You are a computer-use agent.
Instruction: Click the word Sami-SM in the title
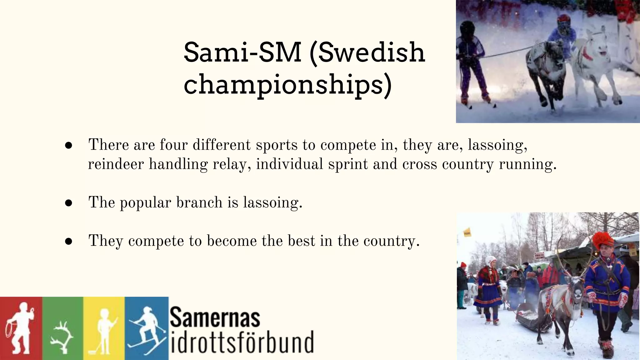tap(242, 52)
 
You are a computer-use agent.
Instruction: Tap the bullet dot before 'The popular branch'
tap(69, 203)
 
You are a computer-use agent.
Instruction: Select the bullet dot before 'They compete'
tap(69, 241)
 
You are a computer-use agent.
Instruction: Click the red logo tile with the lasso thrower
tap(21, 328)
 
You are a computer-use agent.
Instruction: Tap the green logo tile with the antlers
tap(63, 328)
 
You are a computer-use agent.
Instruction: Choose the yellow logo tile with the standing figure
tap(104, 328)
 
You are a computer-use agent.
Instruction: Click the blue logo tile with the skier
tap(147, 328)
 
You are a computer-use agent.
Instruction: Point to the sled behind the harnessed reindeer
tap(528, 316)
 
